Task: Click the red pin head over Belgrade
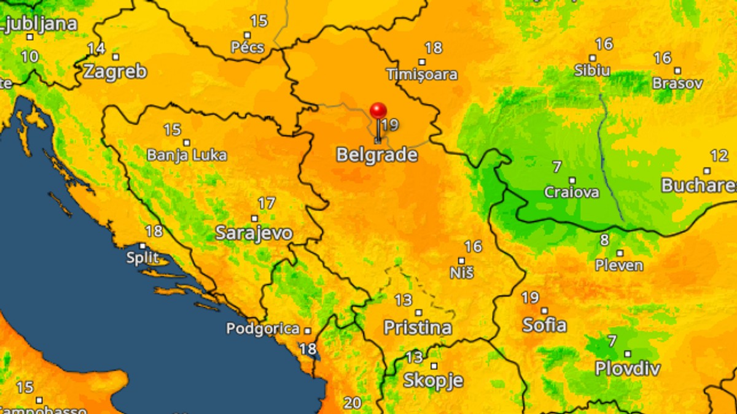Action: point(378,111)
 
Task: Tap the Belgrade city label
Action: point(377,155)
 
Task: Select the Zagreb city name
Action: point(115,71)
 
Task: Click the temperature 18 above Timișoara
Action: point(434,48)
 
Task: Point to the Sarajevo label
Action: point(254,233)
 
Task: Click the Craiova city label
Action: point(572,192)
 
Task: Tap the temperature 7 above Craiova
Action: point(557,167)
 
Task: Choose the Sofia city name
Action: point(545,324)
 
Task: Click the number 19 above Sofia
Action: point(530,298)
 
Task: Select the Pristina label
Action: point(418,328)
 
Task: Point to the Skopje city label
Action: point(433,380)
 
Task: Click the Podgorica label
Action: point(263,329)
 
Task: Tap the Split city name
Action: point(142,258)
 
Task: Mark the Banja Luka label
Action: point(187,155)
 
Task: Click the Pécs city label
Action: point(248,47)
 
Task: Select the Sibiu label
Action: point(592,70)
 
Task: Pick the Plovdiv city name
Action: point(628,369)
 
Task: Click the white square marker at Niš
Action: point(462,261)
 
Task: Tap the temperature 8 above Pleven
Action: point(605,240)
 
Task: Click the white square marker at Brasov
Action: point(677,71)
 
